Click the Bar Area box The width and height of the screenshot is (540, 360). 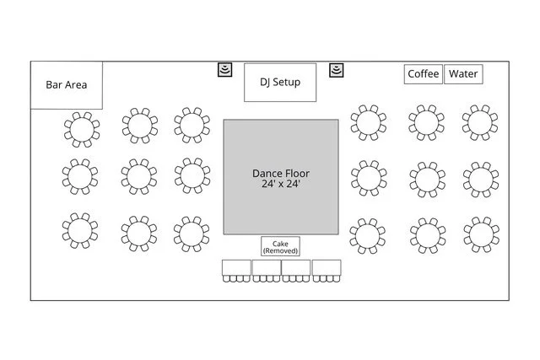pos(67,84)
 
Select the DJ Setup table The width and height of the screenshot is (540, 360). pos(280,82)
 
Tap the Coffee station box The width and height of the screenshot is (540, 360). pos(423,74)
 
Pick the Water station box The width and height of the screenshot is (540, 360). pos(463,74)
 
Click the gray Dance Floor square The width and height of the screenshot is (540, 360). pos(280,176)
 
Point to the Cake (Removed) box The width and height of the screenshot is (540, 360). pos(280,245)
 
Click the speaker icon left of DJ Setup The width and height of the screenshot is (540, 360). pos(224,69)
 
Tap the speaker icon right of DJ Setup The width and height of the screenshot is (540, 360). pos(336,69)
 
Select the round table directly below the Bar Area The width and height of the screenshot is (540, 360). pos(81,128)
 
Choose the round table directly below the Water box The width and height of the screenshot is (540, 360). pos(480,123)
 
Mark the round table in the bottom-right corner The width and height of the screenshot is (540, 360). pos(480,234)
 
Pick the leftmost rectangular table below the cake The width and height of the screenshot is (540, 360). pos(236,269)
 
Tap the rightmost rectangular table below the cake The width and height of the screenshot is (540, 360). pos(326,269)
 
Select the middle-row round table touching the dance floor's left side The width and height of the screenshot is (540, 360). pos(193,175)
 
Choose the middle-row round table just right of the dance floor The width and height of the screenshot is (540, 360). pos(368,178)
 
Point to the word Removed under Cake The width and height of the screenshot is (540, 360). pos(280,250)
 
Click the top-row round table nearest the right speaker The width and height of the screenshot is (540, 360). pos(368,123)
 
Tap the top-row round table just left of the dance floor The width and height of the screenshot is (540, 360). pos(193,123)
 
